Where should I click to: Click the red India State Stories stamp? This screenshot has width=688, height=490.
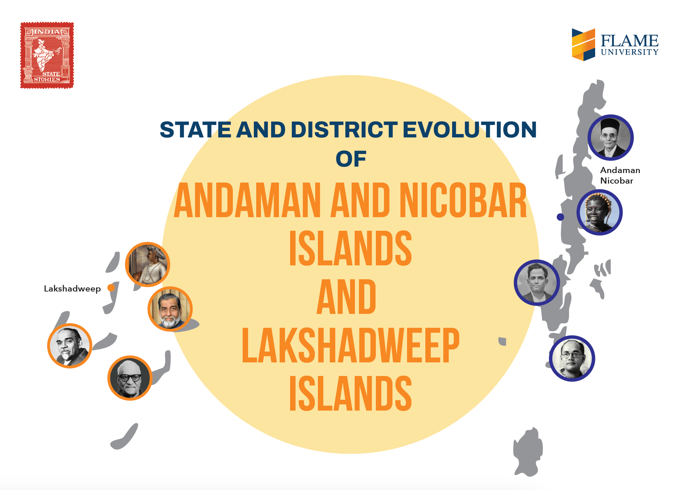(47, 55)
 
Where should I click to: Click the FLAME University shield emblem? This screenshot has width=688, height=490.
(583, 44)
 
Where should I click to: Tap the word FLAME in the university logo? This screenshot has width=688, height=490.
(629, 41)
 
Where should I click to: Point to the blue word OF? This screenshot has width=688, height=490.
(351, 159)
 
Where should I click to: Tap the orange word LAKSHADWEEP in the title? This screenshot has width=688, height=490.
(350, 345)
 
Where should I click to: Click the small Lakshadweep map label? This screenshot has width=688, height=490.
(72, 289)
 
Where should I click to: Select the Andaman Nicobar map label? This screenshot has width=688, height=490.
(620, 175)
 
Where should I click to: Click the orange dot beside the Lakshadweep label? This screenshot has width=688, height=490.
(111, 288)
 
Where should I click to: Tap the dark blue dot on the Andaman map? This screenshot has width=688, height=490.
(561, 217)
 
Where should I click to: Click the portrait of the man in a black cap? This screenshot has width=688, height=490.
(610, 137)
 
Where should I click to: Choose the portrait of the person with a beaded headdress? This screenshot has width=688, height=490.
(600, 212)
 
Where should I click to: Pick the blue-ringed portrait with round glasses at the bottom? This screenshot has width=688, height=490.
(572, 358)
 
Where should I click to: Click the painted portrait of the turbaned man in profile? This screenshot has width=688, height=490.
(147, 264)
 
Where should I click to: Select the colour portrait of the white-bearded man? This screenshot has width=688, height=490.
(170, 309)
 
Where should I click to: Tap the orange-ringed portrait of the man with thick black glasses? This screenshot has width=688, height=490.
(129, 378)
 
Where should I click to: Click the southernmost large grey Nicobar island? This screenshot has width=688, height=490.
(528, 452)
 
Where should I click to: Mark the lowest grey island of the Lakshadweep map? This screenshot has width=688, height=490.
(124, 437)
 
